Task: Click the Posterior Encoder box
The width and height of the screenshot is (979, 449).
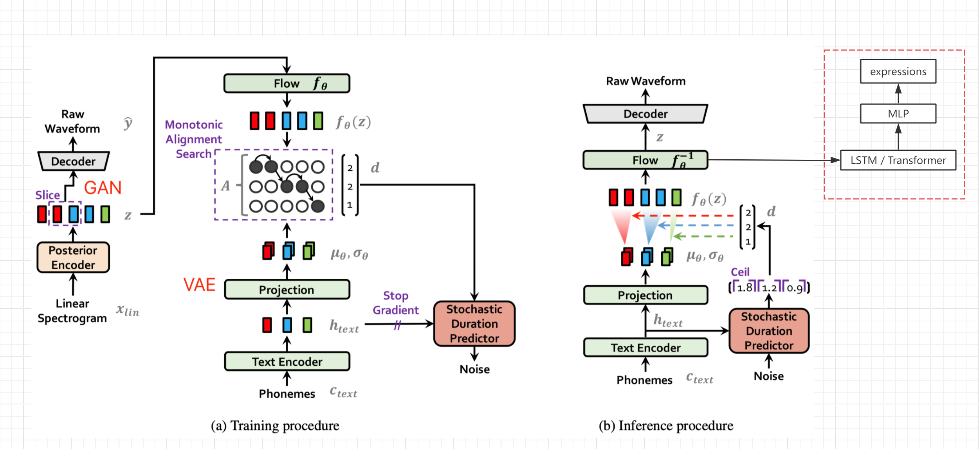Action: click(x=73, y=257)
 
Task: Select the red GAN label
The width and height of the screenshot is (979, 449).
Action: click(x=103, y=188)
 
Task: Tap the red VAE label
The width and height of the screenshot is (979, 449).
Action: click(x=199, y=285)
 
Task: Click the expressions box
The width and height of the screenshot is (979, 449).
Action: click(x=898, y=71)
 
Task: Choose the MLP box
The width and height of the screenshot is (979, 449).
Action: click(x=898, y=114)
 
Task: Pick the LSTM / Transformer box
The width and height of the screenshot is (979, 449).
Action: click(x=898, y=160)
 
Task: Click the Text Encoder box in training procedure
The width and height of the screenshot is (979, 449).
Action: click(x=287, y=361)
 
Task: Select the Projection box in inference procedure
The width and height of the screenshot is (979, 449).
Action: click(x=645, y=295)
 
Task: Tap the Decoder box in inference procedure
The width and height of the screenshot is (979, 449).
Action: click(x=645, y=114)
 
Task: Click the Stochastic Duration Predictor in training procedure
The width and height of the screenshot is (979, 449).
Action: click(x=474, y=324)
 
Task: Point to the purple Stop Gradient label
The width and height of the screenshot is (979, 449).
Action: click(x=395, y=303)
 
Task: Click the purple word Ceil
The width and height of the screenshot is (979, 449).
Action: click(x=740, y=272)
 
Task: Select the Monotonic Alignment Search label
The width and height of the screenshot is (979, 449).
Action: click(x=194, y=139)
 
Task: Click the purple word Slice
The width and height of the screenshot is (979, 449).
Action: click(x=47, y=195)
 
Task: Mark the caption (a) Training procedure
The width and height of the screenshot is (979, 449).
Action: click(x=275, y=426)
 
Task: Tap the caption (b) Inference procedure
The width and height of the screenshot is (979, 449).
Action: click(x=666, y=426)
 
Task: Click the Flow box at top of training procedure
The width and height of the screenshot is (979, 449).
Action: click(x=287, y=83)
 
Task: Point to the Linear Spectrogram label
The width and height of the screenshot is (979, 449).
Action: click(x=72, y=311)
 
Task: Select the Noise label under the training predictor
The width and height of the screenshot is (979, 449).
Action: click(x=474, y=369)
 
